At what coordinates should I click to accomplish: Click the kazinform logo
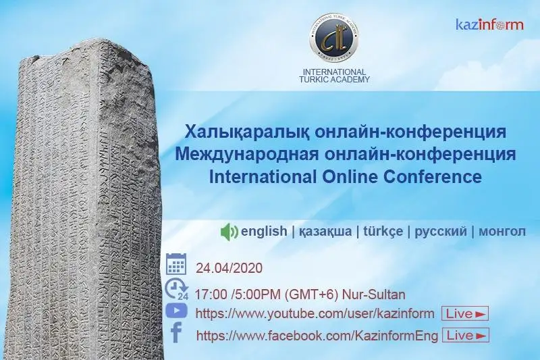[489, 25]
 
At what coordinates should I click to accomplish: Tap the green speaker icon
[230, 232]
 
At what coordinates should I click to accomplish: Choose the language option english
[264, 232]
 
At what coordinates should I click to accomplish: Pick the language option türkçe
[383, 232]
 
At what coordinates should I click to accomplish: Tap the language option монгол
[502, 232]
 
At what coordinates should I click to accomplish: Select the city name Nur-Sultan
[376, 295]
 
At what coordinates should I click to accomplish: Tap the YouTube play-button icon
[176, 311]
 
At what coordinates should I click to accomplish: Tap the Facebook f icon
[176, 333]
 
